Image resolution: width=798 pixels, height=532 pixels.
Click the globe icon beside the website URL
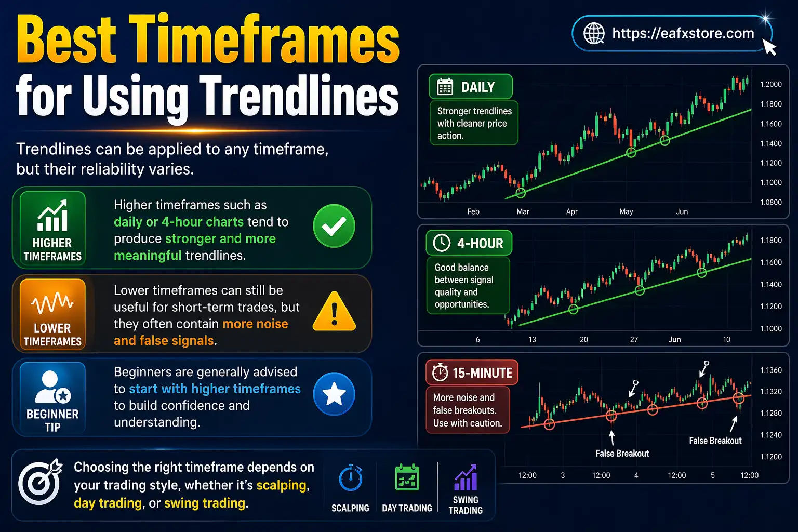click(594, 33)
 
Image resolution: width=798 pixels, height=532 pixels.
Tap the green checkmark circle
click(334, 226)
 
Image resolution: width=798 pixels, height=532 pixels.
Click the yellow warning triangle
click(334, 312)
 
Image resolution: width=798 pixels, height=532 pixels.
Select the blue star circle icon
click(334, 394)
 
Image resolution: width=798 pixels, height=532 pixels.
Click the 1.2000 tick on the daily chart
click(771, 84)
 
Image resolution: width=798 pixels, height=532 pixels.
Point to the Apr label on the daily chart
click(571, 211)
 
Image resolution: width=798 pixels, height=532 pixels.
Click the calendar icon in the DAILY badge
click(445, 87)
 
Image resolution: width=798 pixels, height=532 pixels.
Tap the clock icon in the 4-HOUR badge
click(442, 243)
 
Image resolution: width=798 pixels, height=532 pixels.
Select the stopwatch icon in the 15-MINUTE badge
click(440, 373)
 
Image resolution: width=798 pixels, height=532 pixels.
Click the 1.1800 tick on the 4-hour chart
click(771, 240)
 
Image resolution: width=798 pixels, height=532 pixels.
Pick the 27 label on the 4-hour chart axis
click(634, 339)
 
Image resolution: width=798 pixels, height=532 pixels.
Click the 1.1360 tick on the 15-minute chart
click(771, 370)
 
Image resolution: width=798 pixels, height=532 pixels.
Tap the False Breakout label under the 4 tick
click(622, 454)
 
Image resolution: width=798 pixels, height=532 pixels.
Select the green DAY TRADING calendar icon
click(407, 477)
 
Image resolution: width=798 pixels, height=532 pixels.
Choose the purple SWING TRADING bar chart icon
click(465, 478)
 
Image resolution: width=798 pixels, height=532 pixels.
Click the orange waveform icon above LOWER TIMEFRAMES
click(52, 303)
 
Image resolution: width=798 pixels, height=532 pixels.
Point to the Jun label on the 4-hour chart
click(674, 339)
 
